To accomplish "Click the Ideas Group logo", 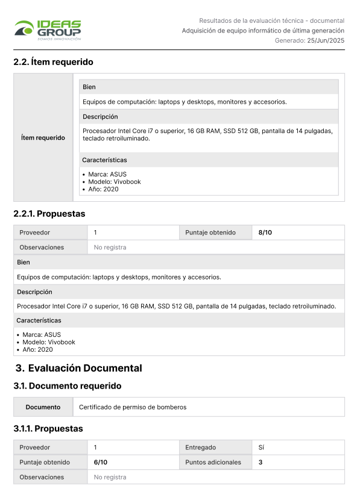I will pos(48,30).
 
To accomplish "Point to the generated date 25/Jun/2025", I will pos(326,40).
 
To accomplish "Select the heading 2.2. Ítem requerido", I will pos(53,62).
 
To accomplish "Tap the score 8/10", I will pos(265,233).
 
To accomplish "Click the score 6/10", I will pos(101,462).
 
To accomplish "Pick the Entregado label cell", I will pos(201,448).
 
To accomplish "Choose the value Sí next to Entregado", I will pos(261,448).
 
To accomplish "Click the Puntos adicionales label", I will pos(213,462).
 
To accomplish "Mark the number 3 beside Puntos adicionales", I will pos(260,462).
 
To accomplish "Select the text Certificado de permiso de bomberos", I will pos(133,407).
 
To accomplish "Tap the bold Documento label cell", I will pos(43,407).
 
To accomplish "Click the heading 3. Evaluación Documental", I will pos(78,368).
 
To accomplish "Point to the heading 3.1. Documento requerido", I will pos(67,386).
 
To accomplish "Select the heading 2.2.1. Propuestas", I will pos(49,214).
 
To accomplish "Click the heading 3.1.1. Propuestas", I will pos(48,429).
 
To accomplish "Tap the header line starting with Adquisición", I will pos(263,30).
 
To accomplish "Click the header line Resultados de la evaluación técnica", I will pos(271,20).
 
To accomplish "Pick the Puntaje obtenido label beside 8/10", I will pos(210,233).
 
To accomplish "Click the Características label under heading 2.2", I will pos(104,160).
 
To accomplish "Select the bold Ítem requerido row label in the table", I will pos(43,138).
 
